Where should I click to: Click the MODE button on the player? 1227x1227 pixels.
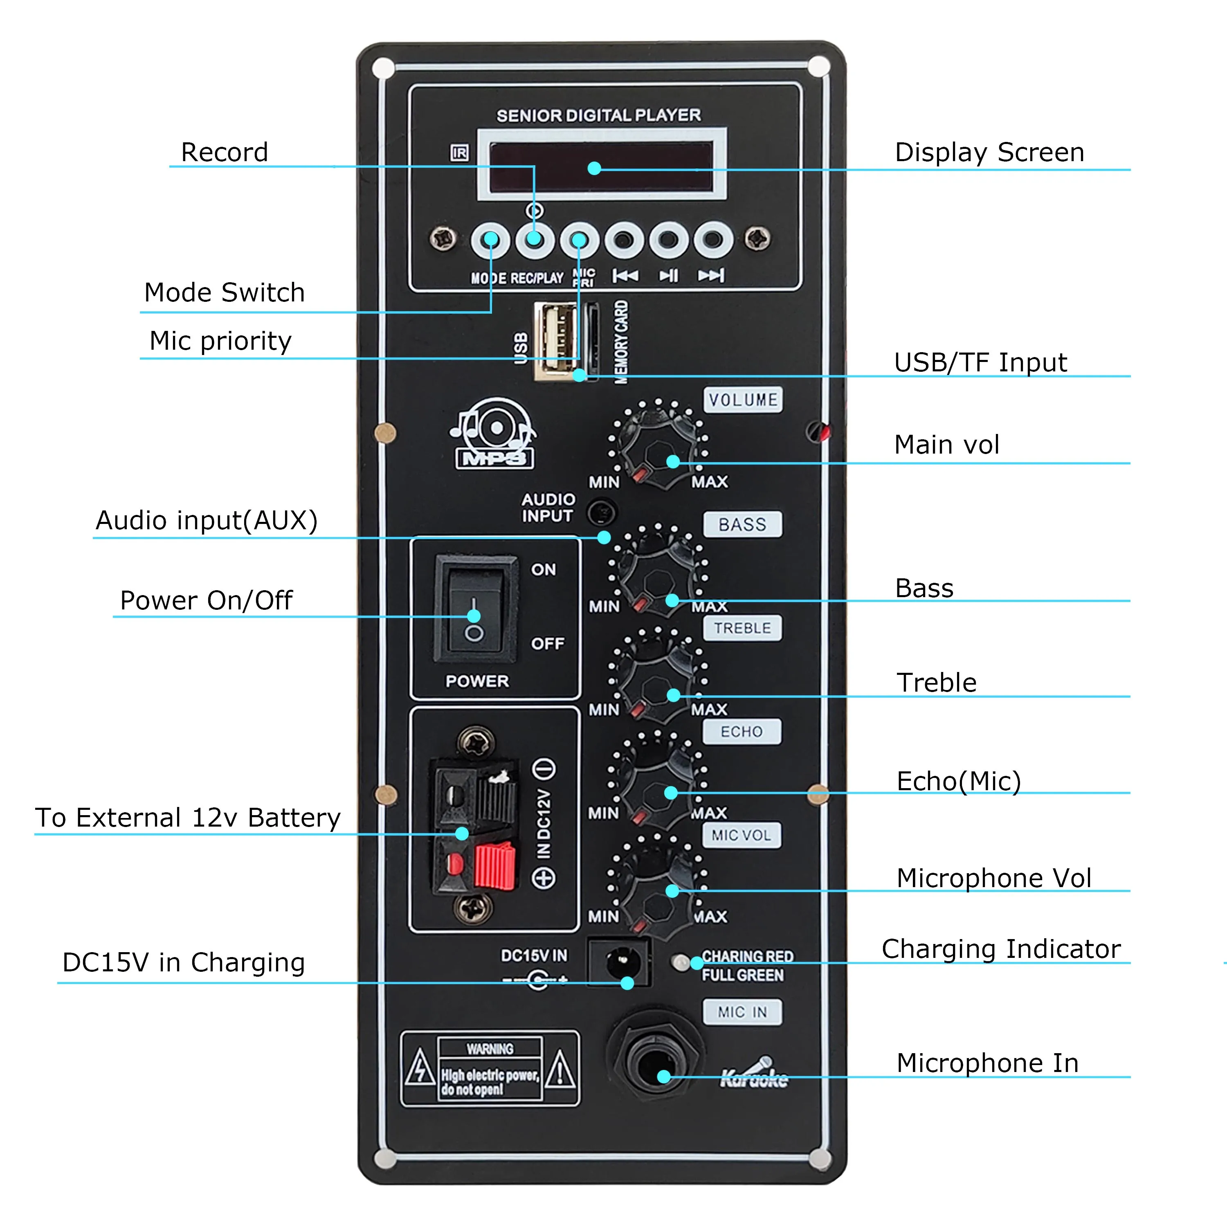coord(490,240)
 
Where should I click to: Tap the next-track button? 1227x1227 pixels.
coord(712,240)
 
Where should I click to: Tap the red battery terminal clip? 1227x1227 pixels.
coord(494,865)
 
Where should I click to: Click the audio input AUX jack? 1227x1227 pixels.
coord(601,512)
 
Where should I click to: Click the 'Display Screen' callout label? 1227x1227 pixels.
coord(989,153)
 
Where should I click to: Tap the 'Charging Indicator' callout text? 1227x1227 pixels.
coord(1001,949)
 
